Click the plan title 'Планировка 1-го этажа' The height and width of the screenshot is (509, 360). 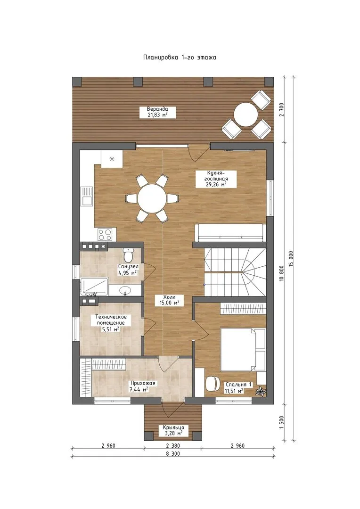(x=180, y=57)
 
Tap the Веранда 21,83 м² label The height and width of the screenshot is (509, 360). (x=157, y=112)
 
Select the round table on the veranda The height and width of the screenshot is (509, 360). (x=246, y=115)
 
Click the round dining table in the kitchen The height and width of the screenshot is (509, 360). (x=152, y=198)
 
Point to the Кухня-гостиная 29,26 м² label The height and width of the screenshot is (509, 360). (x=215, y=179)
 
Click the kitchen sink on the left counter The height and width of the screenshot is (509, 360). (x=87, y=197)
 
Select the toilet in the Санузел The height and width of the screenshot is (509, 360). (x=129, y=255)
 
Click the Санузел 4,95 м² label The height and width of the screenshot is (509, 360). (x=128, y=270)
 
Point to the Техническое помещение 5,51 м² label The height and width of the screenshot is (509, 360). (x=111, y=323)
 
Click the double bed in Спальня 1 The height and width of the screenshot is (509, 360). (x=243, y=349)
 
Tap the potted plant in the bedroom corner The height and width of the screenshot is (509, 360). (x=261, y=391)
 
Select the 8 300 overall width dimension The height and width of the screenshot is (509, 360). (x=172, y=453)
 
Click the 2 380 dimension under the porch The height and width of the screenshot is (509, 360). (x=172, y=445)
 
